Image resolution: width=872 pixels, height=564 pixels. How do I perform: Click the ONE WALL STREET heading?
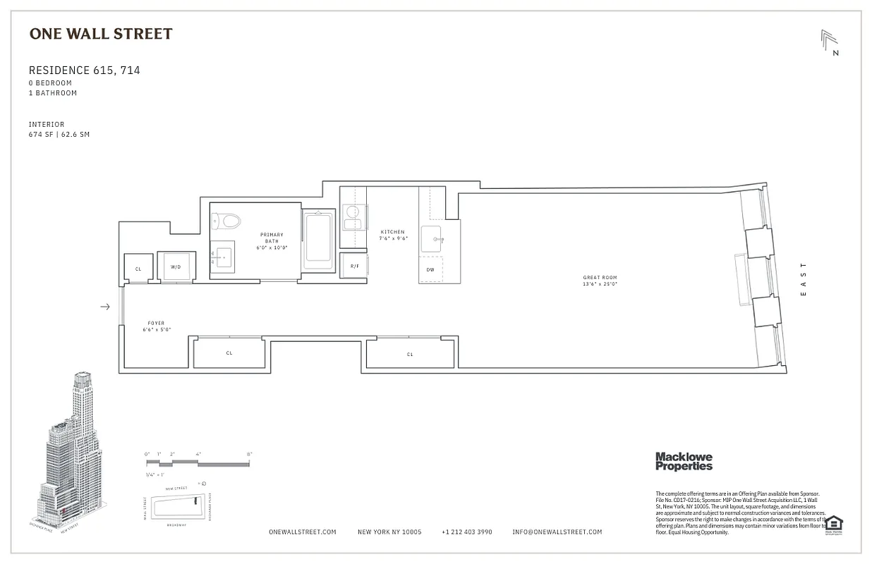[101, 34]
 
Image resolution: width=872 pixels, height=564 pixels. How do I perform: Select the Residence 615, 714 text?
[84, 70]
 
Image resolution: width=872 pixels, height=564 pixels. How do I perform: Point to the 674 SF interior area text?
[59, 134]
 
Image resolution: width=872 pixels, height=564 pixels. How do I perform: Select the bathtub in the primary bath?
[320, 240]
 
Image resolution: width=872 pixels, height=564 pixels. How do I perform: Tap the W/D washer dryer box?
[175, 267]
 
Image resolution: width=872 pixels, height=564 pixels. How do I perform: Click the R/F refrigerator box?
[354, 266]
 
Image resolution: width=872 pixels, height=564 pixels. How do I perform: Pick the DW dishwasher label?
[430, 270]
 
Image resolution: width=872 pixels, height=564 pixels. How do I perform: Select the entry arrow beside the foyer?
[105, 307]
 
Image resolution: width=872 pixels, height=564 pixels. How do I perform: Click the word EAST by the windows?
[804, 279]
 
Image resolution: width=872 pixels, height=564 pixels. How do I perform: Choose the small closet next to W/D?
[138, 269]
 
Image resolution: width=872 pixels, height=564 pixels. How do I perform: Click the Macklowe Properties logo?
[684, 461]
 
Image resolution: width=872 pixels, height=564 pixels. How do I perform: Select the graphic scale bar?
[198, 463]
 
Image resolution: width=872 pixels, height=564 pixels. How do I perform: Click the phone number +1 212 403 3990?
[466, 532]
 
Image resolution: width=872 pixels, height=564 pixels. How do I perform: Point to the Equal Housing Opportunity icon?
[834, 525]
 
